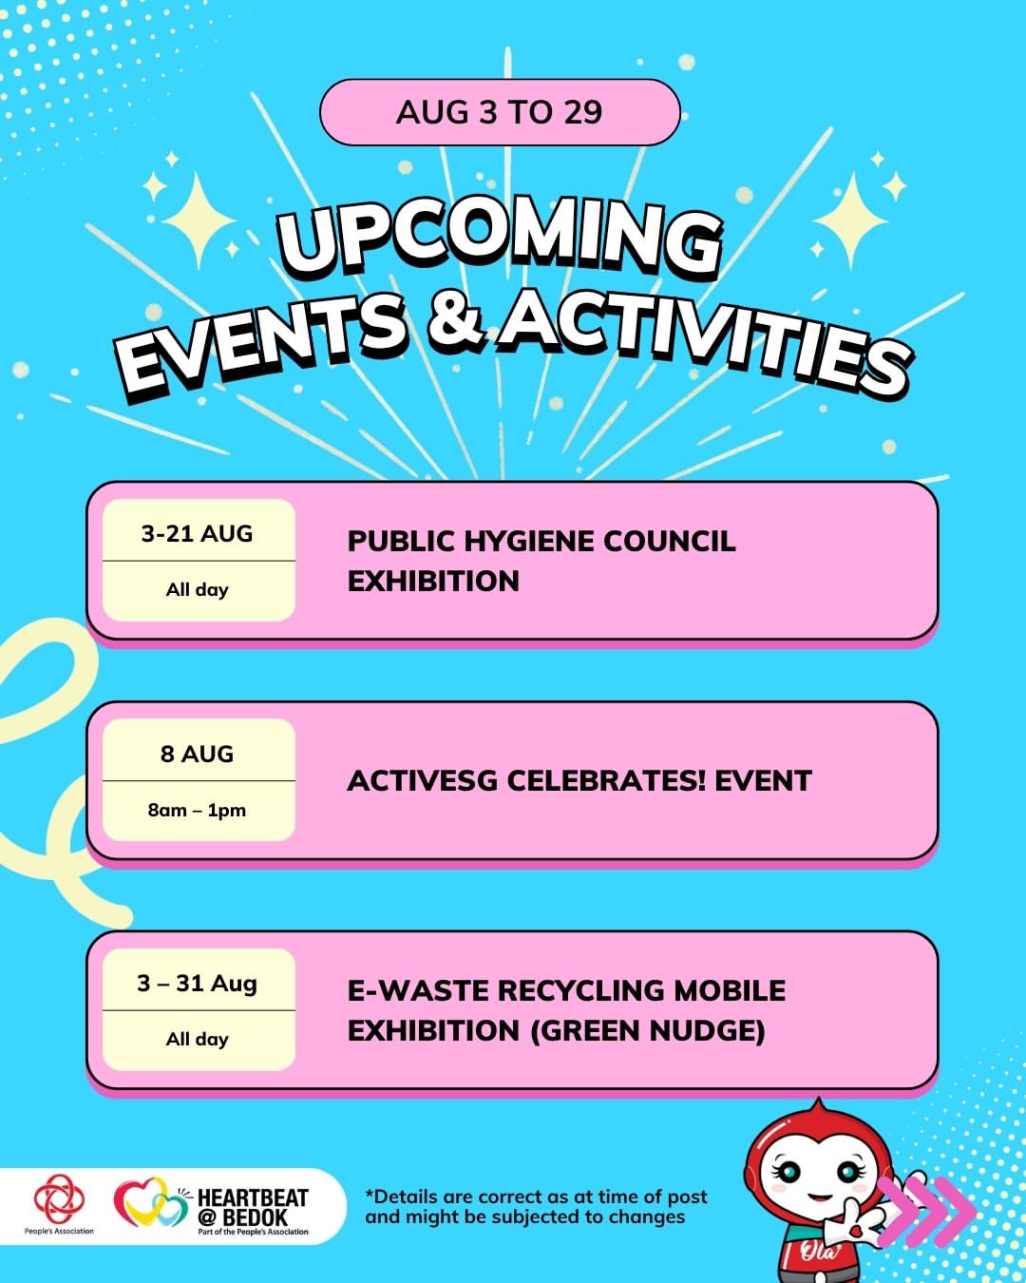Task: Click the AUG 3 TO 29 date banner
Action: pyautogui.click(x=500, y=112)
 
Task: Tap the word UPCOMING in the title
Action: pyautogui.click(x=500, y=241)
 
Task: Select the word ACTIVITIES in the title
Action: pyautogui.click(x=705, y=343)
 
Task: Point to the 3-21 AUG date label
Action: pyautogui.click(x=198, y=533)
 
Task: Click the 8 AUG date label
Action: pyautogui.click(x=198, y=754)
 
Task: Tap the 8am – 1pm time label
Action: pyautogui.click(x=198, y=811)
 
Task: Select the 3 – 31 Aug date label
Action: pyautogui.click(x=198, y=983)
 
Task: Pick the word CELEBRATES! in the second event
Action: pyautogui.click(x=606, y=780)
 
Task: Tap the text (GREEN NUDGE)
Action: pyautogui.click(x=648, y=1031)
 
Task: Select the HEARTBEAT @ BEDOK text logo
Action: pyautogui.click(x=253, y=1210)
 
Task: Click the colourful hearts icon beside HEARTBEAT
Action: pyautogui.click(x=152, y=1202)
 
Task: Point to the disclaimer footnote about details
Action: pyautogui.click(x=536, y=1207)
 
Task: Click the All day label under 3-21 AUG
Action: pyautogui.click(x=198, y=590)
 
